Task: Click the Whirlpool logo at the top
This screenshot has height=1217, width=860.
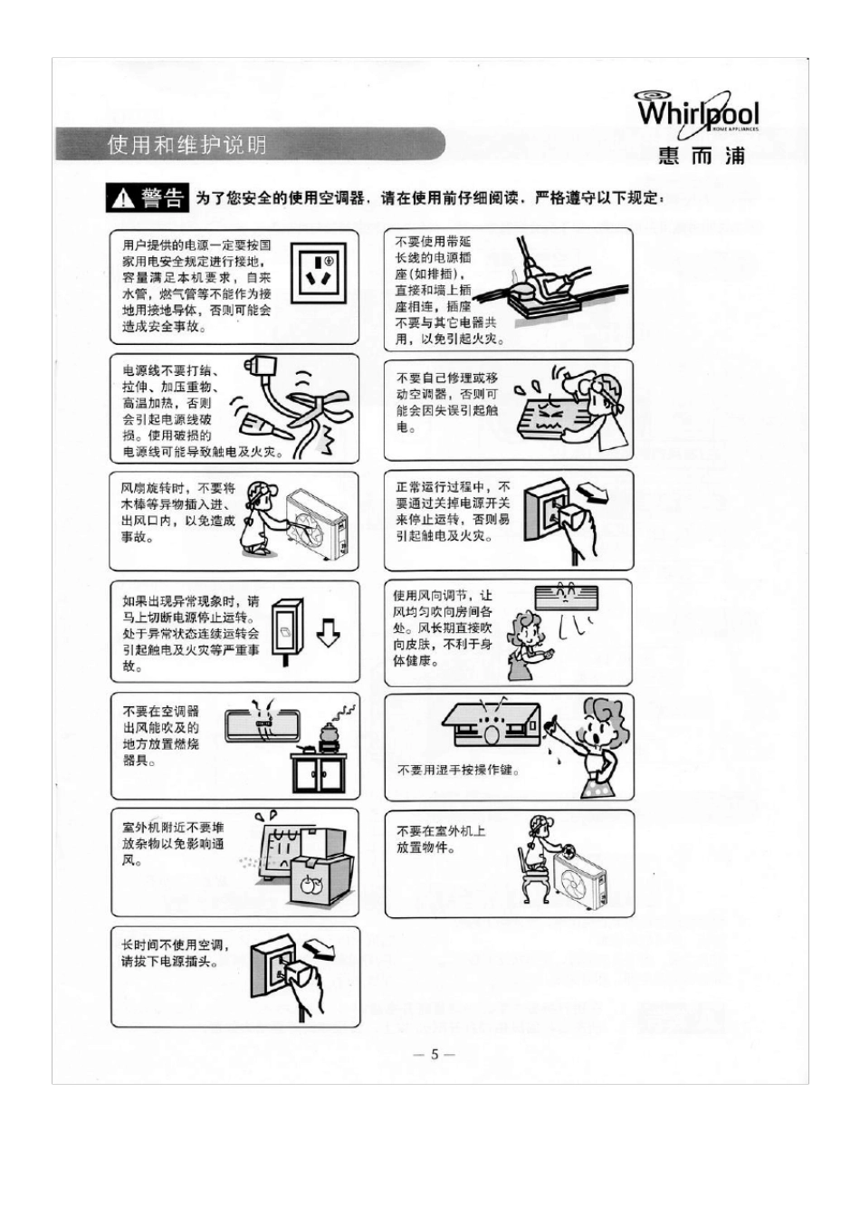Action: [698, 113]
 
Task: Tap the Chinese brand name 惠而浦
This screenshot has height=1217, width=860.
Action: [702, 156]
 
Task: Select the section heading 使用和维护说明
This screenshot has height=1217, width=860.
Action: [187, 145]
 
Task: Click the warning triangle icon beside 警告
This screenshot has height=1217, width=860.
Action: [121, 199]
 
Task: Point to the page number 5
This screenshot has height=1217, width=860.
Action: [434, 1054]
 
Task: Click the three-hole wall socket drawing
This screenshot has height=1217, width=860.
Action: [318, 273]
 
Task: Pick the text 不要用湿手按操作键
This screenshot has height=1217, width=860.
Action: [458, 771]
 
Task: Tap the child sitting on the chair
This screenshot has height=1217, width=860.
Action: [534, 856]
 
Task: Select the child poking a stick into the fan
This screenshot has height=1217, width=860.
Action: [258, 518]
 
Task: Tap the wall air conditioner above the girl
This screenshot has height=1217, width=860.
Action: [566, 597]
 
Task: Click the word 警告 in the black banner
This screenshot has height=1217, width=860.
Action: [163, 198]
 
